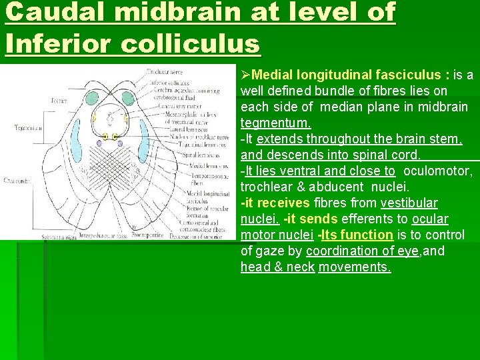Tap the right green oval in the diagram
(x=127, y=99)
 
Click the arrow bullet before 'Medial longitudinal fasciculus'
(x=245, y=75)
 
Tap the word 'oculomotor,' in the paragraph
(x=438, y=171)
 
